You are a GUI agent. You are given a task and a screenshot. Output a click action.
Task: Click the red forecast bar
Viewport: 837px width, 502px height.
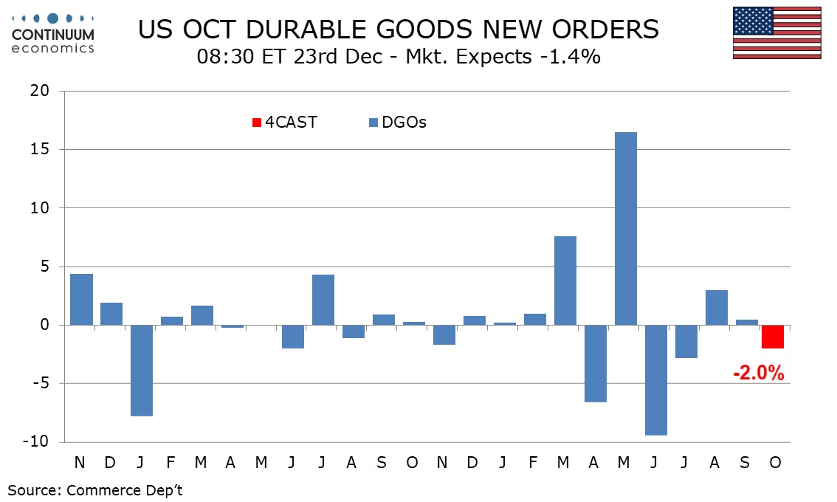pyautogui.click(x=773, y=337)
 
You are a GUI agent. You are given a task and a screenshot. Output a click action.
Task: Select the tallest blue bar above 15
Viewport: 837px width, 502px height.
pyautogui.click(x=625, y=229)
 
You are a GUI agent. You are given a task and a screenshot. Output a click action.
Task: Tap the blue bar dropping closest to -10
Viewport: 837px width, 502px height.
pyautogui.click(x=655, y=380)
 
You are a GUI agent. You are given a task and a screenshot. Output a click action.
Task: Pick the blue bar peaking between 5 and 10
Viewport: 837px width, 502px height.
pyautogui.click(x=565, y=281)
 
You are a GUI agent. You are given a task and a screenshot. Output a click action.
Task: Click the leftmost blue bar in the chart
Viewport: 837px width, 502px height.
pyautogui.click(x=81, y=300)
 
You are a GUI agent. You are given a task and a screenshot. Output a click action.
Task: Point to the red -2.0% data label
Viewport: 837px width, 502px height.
pyautogui.click(x=758, y=374)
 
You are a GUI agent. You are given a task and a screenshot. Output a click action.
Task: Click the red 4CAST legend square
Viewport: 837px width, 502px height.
pyautogui.click(x=256, y=123)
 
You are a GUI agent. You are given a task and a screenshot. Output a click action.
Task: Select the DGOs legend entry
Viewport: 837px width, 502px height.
pyautogui.click(x=397, y=123)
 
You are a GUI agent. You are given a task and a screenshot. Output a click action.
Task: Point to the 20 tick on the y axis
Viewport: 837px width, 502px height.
pyautogui.click(x=39, y=92)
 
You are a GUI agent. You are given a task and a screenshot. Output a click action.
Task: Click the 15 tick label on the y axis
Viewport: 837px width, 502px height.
pyautogui.click(x=39, y=150)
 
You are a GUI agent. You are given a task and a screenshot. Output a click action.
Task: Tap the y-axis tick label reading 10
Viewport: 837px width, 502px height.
pyautogui.click(x=39, y=208)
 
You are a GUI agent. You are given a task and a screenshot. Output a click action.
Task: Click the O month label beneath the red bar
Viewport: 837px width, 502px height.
pyautogui.click(x=774, y=462)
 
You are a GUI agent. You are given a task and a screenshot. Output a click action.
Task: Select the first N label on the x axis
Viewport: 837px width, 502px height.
pyautogui.click(x=80, y=462)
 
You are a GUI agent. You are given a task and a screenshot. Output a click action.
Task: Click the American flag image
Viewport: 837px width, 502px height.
pyautogui.click(x=777, y=33)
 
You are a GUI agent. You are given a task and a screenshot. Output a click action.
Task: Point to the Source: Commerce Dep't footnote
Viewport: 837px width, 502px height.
pyautogui.click(x=94, y=490)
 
